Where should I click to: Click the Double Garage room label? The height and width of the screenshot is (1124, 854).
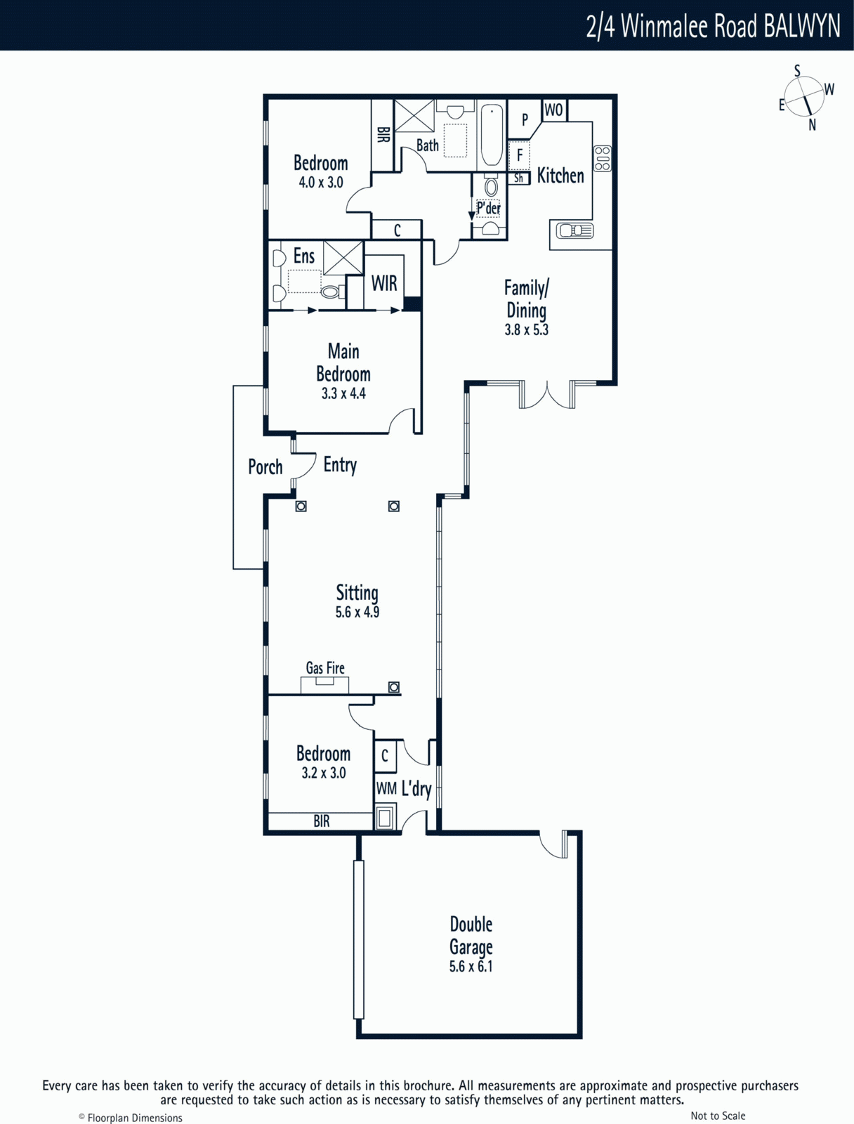[x=471, y=936]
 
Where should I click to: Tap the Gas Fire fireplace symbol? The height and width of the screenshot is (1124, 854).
[x=324, y=685]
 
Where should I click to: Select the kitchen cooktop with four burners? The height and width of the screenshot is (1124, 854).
[x=603, y=159]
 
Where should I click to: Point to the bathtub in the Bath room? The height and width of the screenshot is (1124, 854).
[x=491, y=135]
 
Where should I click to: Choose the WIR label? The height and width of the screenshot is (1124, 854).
[x=384, y=283]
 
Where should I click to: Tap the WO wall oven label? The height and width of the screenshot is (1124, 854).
[x=553, y=110]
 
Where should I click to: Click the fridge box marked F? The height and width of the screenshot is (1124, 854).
[x=520, y=155]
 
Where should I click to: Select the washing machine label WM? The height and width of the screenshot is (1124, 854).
[x=386, y=789]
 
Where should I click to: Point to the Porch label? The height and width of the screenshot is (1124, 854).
[x=265, y=467]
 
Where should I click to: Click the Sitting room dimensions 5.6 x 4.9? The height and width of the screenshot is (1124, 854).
[x=357, y=613]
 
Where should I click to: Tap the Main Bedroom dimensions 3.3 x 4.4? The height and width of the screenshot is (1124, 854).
[x=343, y=394]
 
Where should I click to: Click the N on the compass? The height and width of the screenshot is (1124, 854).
[x=812, y=125]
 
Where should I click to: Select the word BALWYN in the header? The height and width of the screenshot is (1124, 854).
[x=802, y=26]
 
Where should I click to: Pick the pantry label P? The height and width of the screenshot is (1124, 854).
[x=525, y=120]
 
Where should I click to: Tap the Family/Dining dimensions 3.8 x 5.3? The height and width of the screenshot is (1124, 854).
[x=527, y=329]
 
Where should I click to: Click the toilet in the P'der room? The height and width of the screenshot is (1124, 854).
[x=491, y=186]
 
